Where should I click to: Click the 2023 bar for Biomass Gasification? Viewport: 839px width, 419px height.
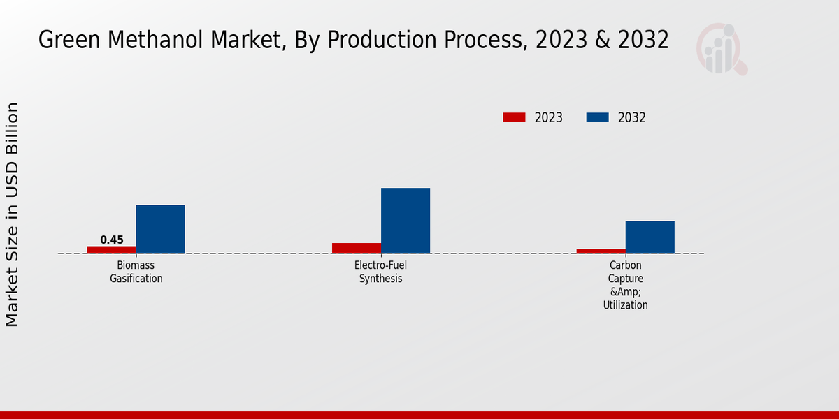(x=111, y=249)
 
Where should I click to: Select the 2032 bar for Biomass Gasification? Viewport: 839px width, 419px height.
(x=160, y=229)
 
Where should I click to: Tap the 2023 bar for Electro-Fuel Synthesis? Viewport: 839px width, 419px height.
(x=357, y=248)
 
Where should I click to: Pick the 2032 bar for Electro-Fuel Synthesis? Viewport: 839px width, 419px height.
(x=406, y=221)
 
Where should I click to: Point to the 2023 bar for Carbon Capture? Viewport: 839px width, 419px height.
(x=601, y=251)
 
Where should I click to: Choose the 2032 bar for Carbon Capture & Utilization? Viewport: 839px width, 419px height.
(x=650, y=237)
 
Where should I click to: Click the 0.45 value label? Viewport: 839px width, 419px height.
(x=112, y=240)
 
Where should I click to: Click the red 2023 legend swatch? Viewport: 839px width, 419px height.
(x=514, y=117)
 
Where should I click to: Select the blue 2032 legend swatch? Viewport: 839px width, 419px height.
(x=597, y=117)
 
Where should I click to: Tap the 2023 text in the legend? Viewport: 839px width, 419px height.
(x=549, y=117)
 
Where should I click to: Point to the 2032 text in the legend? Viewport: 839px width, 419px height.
(x=632, y=117)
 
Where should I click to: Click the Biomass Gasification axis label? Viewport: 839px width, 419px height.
(x=136, y=272)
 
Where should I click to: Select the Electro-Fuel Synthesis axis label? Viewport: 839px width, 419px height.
(x=381, y=272)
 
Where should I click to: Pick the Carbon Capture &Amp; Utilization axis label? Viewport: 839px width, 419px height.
(x=625, y=285)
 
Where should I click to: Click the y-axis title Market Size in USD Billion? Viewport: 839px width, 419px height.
(x=13, y=214)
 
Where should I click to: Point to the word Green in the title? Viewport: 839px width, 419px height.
(x=66, y=41)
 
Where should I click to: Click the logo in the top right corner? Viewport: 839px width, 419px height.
(x=721, y=49)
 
